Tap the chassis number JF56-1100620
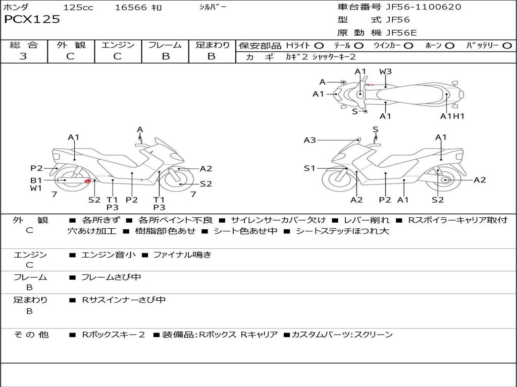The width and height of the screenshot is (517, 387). tap(416, 7)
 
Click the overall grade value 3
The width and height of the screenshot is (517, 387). tap(23, 56)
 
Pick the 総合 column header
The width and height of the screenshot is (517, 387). tap(24, 45)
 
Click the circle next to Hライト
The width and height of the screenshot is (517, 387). tap(319, 45)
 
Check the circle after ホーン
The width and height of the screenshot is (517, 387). tap(450, 45)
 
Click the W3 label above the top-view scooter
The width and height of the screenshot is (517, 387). tap(385, 71)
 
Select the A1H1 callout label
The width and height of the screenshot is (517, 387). tap(452, 116)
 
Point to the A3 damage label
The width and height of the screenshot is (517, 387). tap(309, 140)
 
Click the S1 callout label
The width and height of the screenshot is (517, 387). tap(309, 168)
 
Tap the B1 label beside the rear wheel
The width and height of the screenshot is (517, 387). tap(36, 180)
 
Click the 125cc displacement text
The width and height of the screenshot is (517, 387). tap(78, 7)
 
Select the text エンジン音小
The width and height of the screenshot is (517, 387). tap(109, 255)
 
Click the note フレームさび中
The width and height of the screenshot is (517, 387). tap(111, 277)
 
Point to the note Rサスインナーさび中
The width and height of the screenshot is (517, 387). tap(124, 300)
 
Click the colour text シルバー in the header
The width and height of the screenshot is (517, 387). tap(213, 7)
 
